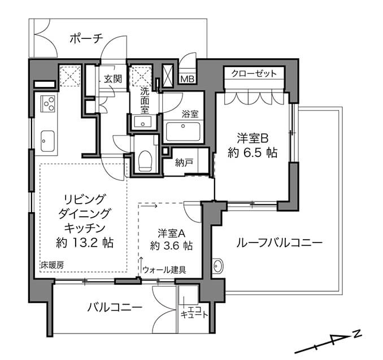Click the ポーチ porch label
coord(86,38)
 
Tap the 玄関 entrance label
coord(112,79)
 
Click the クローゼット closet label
coord(254,74)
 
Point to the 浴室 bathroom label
coord(190,113)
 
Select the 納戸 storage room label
coord(184,163)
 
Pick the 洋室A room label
coord(172,232)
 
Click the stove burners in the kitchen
coord(47,104)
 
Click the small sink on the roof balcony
coord(218,265)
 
